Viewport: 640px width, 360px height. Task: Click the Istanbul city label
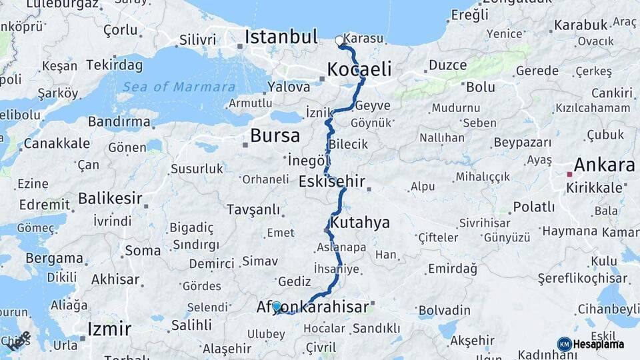(281, 37)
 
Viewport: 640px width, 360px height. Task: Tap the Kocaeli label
(359, 69)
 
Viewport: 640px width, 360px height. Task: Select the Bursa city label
(275, 136)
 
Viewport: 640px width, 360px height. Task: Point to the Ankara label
(604, 165)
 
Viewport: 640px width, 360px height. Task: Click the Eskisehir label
(332, 181)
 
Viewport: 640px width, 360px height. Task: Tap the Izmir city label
(109, 328)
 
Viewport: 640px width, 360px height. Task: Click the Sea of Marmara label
(178, 87)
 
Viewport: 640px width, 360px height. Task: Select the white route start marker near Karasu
(339, 41)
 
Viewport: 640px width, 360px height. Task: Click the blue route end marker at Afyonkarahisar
(277, 307)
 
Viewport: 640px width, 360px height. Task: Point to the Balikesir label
(110, 198)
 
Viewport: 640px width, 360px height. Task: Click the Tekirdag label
(114, 65)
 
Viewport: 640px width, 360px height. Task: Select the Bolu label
(480, 87)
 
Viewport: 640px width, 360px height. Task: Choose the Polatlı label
(533, 207)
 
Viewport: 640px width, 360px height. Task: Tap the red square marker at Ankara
(569, 175)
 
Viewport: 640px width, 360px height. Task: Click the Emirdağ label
(452, 269)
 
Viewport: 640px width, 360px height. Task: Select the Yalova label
(289, 87)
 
